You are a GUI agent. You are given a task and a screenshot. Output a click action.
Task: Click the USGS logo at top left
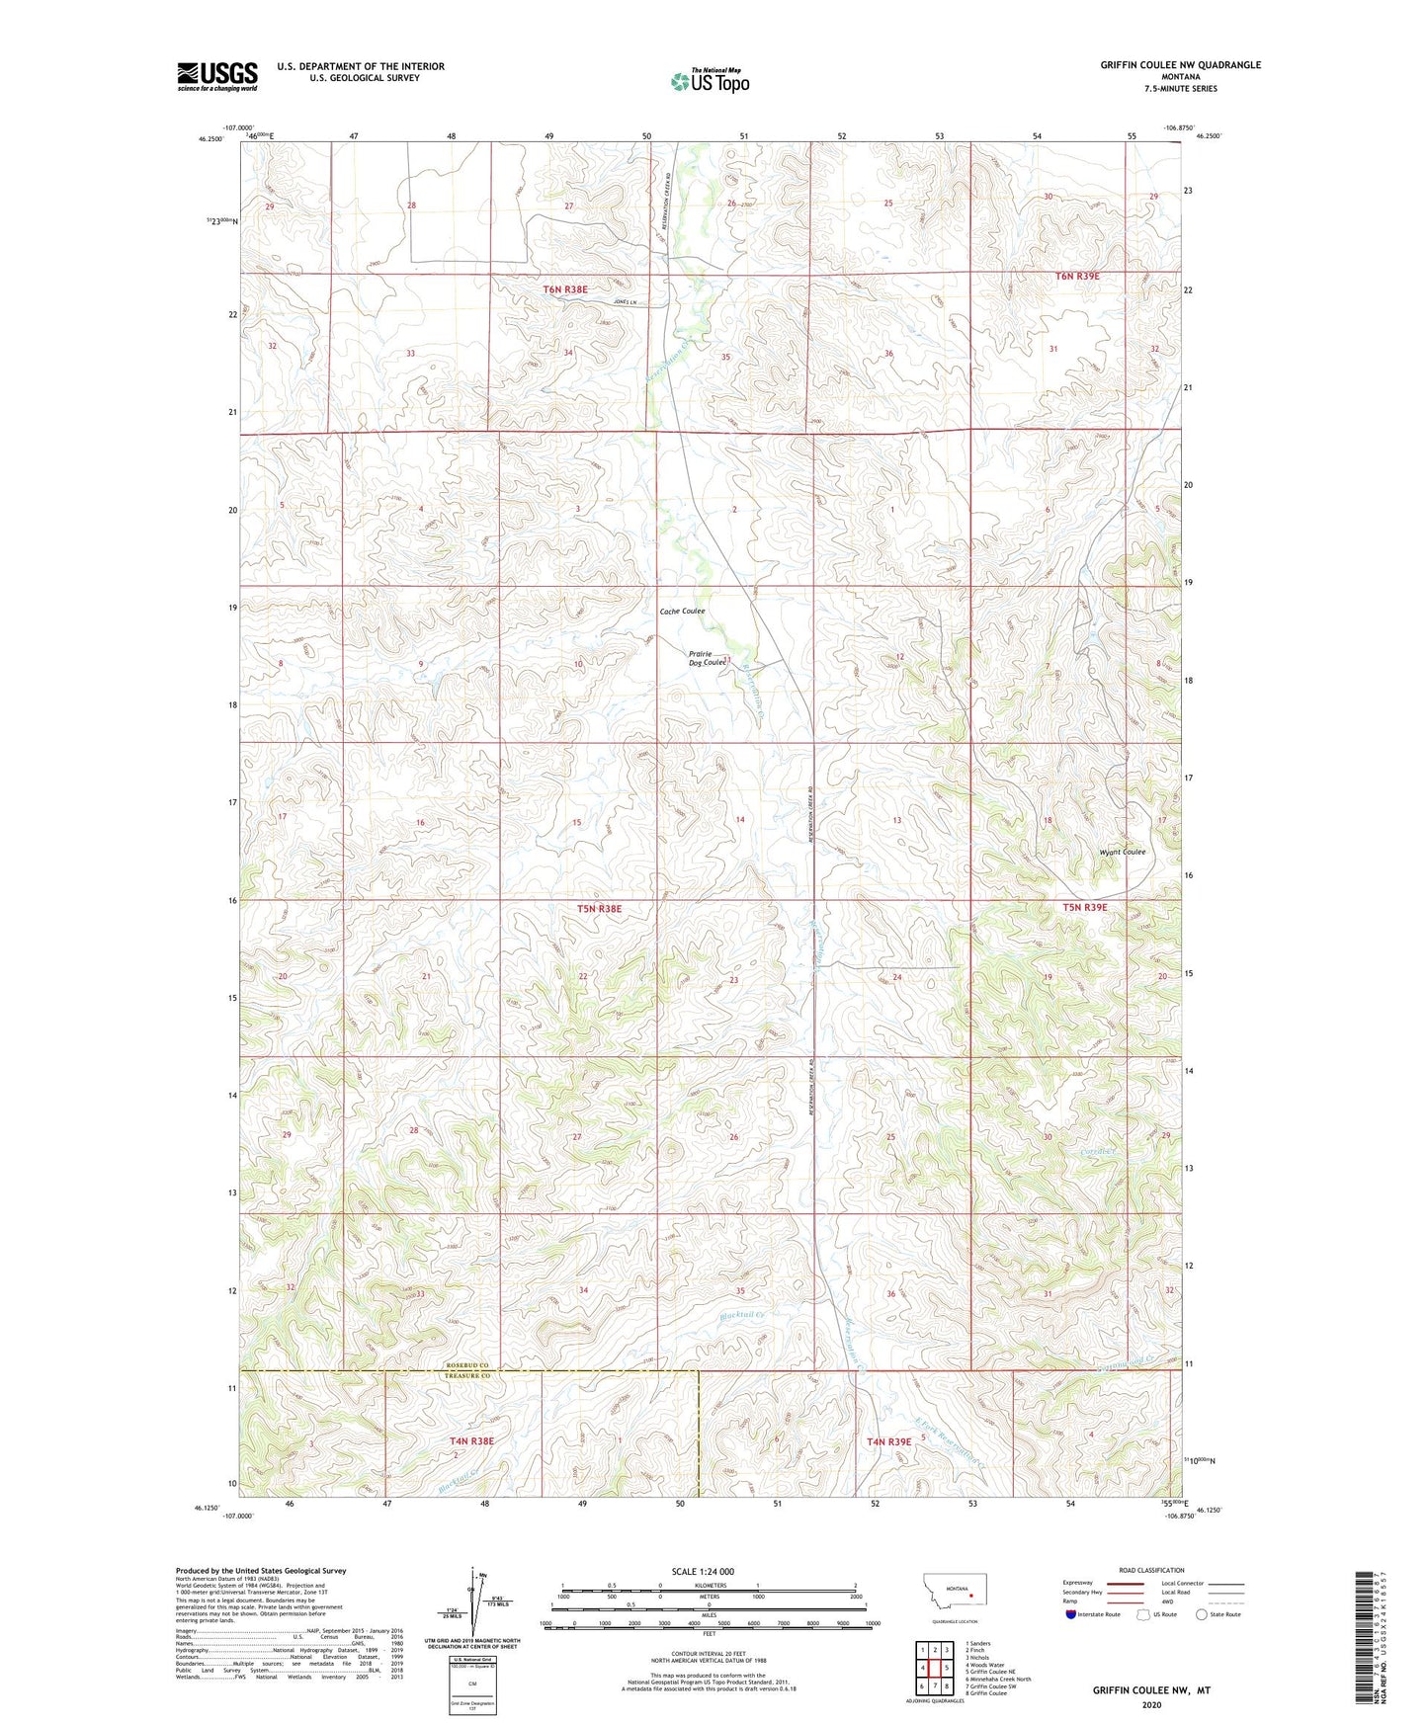[x=216, y=76]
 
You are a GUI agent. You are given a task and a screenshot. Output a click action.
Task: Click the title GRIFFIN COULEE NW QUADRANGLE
[x=1180, y=65]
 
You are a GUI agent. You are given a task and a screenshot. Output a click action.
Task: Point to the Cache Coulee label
[x=682, y=612]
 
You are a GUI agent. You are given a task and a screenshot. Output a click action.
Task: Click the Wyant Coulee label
[x=1122, y=852]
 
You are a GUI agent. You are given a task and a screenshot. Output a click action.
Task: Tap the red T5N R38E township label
[x=599, y=908]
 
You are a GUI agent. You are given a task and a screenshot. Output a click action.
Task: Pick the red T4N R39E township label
[x=888, y=1441]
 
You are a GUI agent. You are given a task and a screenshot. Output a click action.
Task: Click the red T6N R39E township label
[x=1077, y=277]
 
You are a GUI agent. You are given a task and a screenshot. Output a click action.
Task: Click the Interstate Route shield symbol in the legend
[x=1071, y=1614]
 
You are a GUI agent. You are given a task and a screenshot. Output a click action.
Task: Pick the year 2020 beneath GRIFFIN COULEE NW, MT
[x=1150, y=1704]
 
